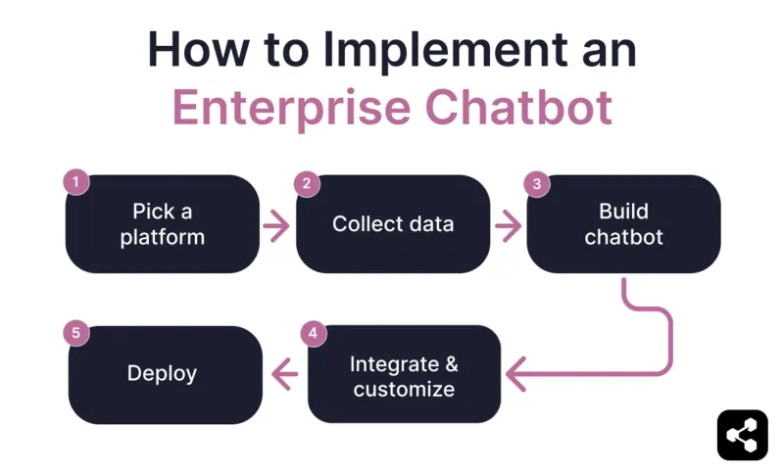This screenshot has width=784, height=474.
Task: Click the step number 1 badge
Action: click(x=76, y=182)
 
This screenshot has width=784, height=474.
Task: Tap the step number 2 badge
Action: click(x=307, y=183)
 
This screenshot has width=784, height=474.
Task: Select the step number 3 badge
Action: click(x=536, y=183)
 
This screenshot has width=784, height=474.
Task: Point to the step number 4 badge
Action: click(x=313, y=334)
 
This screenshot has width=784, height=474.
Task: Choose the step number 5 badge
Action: click(x=76, y=334)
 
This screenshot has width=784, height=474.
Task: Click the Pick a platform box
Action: click(x=163, y=224)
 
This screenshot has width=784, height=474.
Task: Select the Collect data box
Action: click(x=392, y=224)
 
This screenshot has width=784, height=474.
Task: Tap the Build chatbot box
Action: click(x=623, y=224)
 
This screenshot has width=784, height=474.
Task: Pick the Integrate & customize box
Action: click(x=404, y=375)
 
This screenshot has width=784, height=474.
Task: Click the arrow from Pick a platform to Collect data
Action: click(x=277, y=225)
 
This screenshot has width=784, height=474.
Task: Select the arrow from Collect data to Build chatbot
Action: click(x=508, y=225)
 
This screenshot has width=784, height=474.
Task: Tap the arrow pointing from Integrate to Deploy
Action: click(x=285, y=373)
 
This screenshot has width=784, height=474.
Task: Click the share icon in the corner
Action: click(x=742, y=435)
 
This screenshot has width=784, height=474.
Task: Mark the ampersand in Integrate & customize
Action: click(x=451, y=364)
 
